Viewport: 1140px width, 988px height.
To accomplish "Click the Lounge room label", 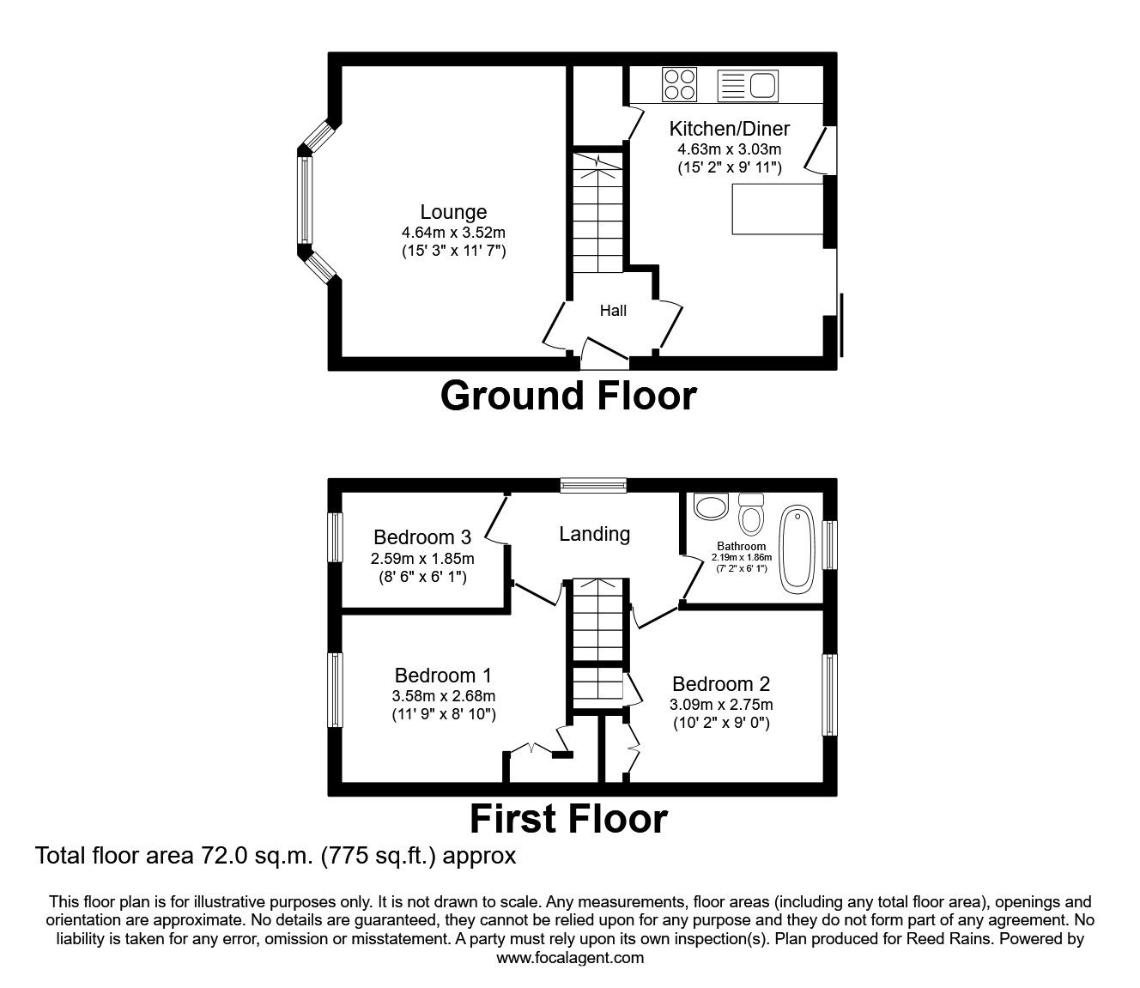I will (453, 212).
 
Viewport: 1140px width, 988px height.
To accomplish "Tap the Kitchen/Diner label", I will (729, 129).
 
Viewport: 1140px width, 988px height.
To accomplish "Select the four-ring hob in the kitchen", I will (679, 85).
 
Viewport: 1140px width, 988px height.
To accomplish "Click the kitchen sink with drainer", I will (747, 85).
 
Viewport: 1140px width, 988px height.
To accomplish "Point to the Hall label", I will (613, 311).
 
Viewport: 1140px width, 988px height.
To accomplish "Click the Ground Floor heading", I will (568, 396).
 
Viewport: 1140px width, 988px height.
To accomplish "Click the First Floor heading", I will (568, 819).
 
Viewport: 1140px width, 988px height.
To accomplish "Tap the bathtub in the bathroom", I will (797, 549).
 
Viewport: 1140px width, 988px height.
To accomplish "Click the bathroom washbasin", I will (710, 506).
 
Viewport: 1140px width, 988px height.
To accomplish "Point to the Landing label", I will (594, 534).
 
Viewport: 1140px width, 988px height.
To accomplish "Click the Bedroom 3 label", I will (422, 537).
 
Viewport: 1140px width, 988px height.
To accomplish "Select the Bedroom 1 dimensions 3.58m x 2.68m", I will (444, 696).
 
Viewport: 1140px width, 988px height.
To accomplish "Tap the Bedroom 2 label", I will (721, 684).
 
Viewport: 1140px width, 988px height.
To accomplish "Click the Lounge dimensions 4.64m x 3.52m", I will (453, 233).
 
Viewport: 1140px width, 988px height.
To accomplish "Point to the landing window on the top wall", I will (593, 486).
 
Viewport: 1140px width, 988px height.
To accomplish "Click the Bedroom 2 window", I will (828, 694).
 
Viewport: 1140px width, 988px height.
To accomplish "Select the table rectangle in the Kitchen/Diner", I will (777, 209).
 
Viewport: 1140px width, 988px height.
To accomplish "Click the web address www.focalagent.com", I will (570, 958).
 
